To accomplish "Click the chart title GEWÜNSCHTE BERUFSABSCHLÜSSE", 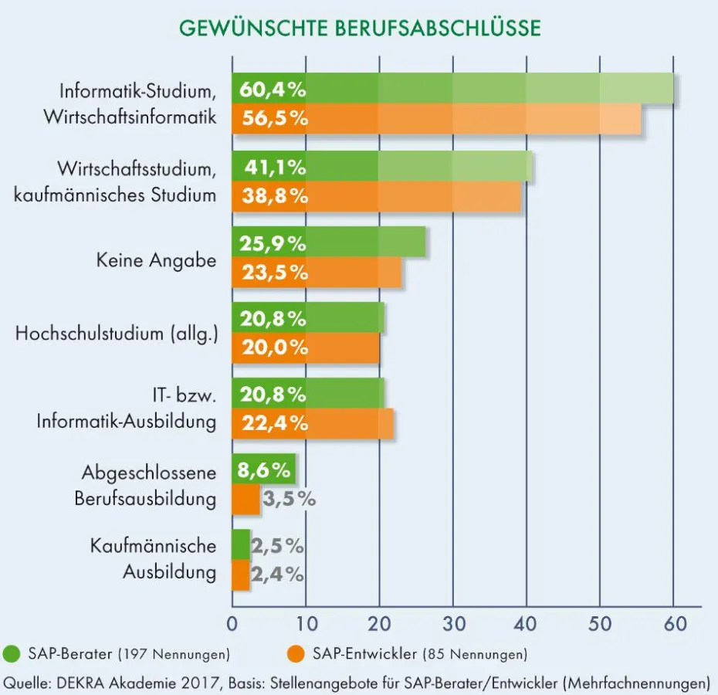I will [360, 27].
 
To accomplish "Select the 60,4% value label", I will [273, 90].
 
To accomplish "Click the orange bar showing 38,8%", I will [417, 196].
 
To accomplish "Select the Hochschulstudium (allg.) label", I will [117, 334].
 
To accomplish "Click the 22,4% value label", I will [275, 423].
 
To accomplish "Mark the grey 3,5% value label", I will [289, 499].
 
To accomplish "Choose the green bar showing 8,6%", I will [262, 469].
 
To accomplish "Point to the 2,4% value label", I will [276, 575].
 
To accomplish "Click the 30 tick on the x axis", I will [452, 622].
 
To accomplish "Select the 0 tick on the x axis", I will [232, 622].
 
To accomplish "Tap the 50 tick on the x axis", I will [600, 622].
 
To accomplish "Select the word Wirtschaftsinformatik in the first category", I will [130, 118].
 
